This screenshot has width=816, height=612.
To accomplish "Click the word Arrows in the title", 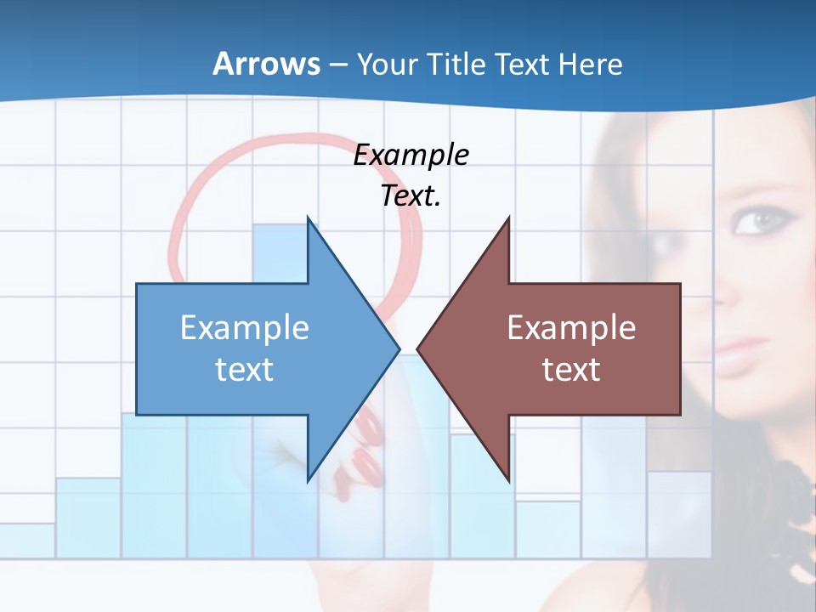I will click(267, 64).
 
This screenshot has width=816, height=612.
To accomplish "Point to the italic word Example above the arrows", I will click(411, 156).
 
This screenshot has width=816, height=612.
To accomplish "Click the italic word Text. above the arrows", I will click(411, 196).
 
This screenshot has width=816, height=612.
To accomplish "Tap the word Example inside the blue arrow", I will click(245, 328).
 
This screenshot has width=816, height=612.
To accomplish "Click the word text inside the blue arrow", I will click(245, 370).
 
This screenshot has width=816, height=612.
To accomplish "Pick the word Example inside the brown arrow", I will click(571, 328).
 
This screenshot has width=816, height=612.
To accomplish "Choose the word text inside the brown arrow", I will click(571, 370).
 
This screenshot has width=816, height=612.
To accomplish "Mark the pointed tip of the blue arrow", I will click(397, 348).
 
